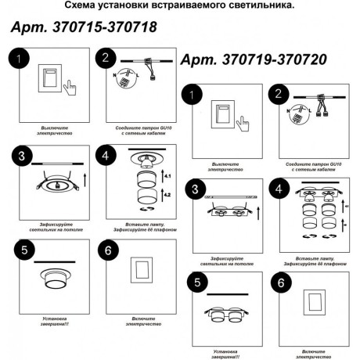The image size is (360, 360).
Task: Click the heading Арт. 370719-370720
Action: point(254,59)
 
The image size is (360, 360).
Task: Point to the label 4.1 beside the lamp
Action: point(167,179)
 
